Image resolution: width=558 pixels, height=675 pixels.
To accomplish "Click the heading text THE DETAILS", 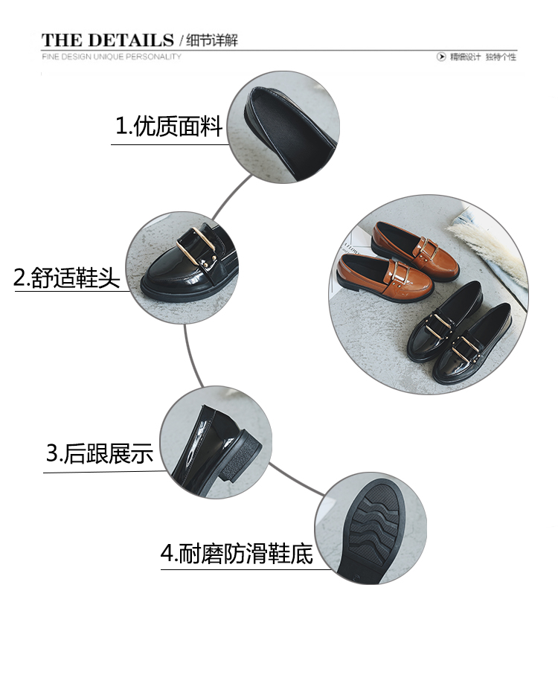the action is click(108, 40).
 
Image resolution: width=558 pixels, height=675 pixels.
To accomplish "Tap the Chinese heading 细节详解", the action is click(212, 40).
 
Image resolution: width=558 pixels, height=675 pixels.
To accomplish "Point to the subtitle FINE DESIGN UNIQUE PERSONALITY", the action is click(112, 57).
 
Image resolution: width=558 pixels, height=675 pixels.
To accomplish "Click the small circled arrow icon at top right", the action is click(441, 57).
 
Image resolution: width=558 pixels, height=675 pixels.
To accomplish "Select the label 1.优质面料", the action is click(169, 126).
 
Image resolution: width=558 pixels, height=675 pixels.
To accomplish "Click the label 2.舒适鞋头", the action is click(67, 278).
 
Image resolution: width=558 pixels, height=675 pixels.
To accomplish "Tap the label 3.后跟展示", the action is click(100, 453).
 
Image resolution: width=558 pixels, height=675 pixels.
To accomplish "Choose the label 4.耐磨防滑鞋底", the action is click(237, 554).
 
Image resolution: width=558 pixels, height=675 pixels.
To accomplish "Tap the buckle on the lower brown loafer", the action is click(400, 272).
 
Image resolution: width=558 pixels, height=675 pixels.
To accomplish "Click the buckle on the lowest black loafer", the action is click(466, 350).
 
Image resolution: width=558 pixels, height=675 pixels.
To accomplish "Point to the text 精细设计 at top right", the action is click(465, 57).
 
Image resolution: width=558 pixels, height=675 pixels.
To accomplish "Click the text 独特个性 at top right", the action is click(501, 57).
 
